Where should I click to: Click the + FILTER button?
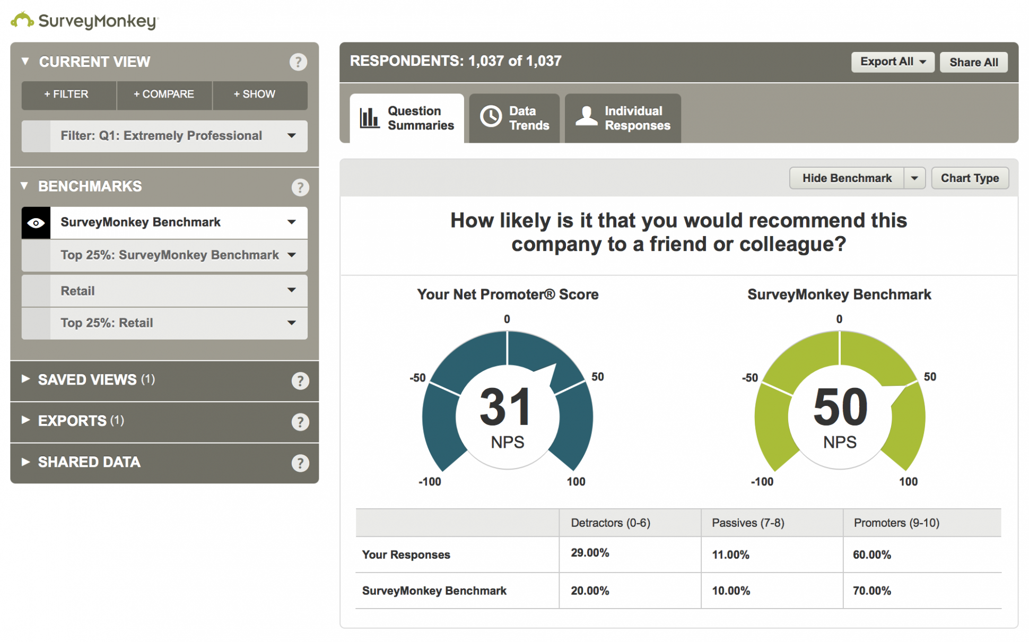click(x=67, y=94)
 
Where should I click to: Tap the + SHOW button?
click(x=255, y=94)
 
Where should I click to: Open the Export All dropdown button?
click(x=892, y=62)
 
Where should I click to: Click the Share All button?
click(x=973, y=62)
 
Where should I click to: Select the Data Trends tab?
click(x=514, y=118)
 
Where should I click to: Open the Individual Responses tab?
click(x=623, y=118)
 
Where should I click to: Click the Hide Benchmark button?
click(x=847, y=178)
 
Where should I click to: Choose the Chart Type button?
click(x=970, y=178)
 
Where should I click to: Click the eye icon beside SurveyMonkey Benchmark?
click(x=36, y=223)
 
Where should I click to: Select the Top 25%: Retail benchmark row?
click(x=164, y=323)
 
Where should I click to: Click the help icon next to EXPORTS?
click(x=300, y=422)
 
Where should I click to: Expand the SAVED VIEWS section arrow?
click(x=25, y=379)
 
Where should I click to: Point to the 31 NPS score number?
click(x=505, y=407)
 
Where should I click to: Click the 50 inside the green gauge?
click(x=840, y=407)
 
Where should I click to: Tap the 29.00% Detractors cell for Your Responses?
click(x=590, y=553)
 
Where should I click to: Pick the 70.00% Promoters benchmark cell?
click(x=872, y=591)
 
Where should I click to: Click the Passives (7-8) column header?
click(x=748, y=523)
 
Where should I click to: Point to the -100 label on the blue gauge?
click(x=430, y=482)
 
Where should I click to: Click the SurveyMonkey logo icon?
click(x=22, y=20)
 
